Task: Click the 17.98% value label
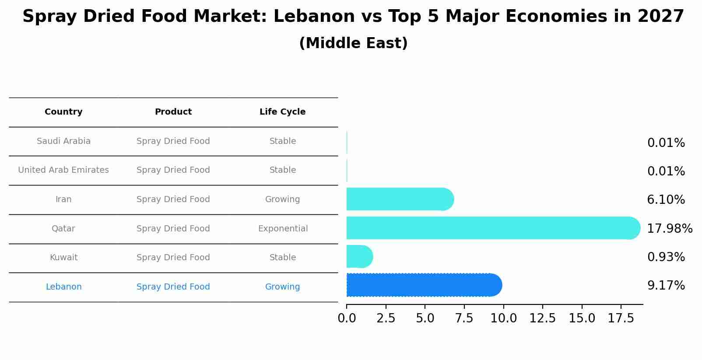click(x=669, y=229)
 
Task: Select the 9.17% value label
click(x=666, y=286)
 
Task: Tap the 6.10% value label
click(x=666, y=200)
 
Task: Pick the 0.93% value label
click(x=666, y=257)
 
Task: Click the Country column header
click(x=63, y=112)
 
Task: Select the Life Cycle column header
click(x=282, y=112)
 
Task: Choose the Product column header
click(x=173, y=112)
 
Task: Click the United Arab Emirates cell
click(x=63, y=170)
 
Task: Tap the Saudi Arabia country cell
click(x=63, y=141)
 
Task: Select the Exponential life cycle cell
click(x=283, y=229)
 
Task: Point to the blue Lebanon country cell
click(x=63, y=287)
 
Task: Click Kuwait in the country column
click(x=63, y=258)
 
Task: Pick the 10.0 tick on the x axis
click(x=503, y=318)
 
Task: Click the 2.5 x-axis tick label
click(x=386, y=318)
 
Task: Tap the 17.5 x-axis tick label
click(x=621, y=318)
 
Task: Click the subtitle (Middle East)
click(x=353, y=43)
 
